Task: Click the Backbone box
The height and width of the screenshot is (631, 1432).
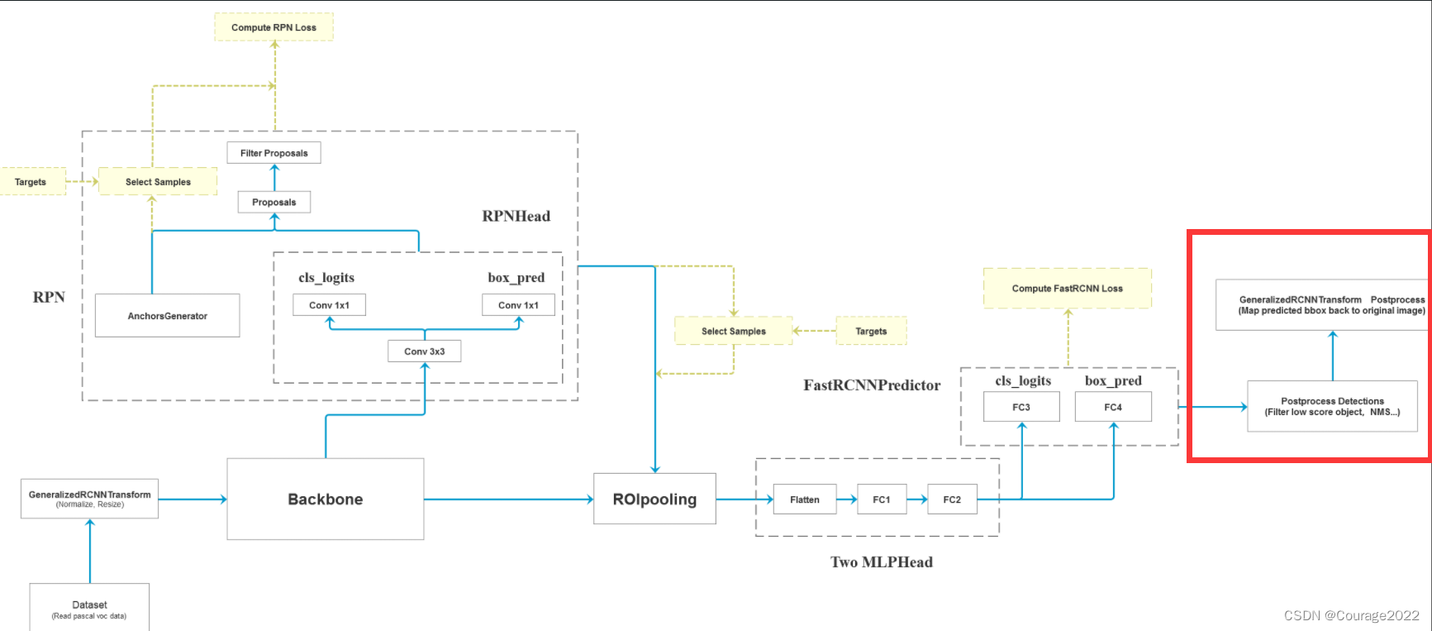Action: [325, 499]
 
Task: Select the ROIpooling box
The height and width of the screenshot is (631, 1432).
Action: [654, 499]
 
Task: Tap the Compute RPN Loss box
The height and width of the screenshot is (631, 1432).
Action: [274, 27]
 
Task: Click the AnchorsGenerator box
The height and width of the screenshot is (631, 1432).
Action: [167, 316]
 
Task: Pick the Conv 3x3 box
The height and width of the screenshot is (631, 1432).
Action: [424, 351]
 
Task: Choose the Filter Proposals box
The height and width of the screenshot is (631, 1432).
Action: [274, 153]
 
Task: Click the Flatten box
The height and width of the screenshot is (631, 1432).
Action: [804, 500]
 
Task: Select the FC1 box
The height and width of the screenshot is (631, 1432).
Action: [882, 500]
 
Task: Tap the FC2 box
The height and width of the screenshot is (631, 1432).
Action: [952, 500]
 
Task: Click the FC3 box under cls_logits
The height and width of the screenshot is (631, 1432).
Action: [1021, 407]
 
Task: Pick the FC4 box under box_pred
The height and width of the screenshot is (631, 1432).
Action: [1113, 407]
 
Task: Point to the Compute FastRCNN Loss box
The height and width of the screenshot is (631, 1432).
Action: [1067, 289]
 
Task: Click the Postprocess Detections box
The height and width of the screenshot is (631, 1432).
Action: [1332, 406]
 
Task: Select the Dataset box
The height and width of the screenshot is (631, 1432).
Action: [89, 609]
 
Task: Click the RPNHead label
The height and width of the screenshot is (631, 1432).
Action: [516, 216]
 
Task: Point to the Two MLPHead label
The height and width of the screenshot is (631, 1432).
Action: [881, 562]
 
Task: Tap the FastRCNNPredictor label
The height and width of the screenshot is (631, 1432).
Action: [872, 385]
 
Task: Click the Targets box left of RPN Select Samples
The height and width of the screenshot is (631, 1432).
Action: [31, 182]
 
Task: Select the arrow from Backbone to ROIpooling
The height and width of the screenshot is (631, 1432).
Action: [508, 500]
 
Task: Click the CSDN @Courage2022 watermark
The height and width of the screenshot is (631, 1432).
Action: [1351, 615]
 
